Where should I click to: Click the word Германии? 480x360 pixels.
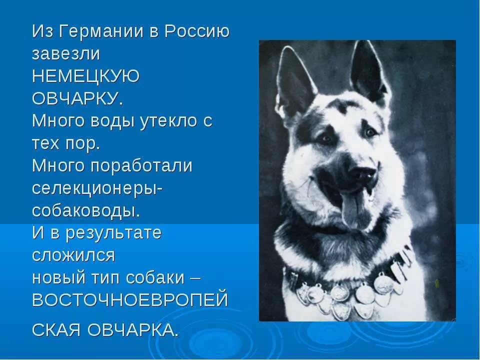tap(101, 32)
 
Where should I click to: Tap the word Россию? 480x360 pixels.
tap(197, 31)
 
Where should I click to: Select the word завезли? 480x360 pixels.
tap(66, 53)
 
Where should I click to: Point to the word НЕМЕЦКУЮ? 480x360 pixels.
tap(85, 76)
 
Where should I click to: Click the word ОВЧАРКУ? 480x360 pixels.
tap(77, 98)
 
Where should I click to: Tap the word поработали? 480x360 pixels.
tap(141, 166)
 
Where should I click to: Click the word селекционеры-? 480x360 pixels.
tap(97, 188)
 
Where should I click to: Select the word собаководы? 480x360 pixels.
tap(85, 210)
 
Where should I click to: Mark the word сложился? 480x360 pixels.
tap(73, 255)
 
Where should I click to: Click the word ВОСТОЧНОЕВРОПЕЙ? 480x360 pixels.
tap(130, 299)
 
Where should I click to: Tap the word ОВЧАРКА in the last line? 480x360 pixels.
tap(132, 330)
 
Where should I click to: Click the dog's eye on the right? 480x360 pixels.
tap(371, 132)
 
